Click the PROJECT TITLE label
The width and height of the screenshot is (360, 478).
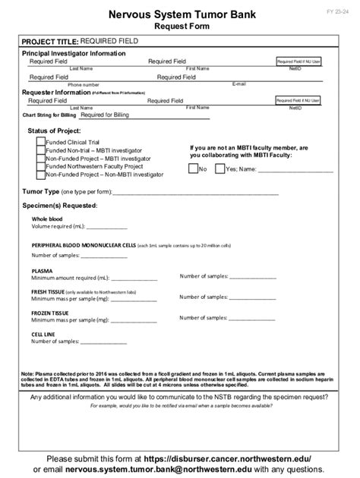click(49, 41)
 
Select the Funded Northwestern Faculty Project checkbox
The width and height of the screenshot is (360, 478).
click(40, 166)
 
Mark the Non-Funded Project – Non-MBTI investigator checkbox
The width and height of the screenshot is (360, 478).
click(40, 175)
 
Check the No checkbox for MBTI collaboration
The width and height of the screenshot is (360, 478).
click(193, 168)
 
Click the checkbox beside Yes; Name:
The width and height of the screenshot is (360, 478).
click(220, 168)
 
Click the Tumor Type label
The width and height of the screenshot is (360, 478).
click(39, 192)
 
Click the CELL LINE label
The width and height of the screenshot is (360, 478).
click(43, 333)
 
